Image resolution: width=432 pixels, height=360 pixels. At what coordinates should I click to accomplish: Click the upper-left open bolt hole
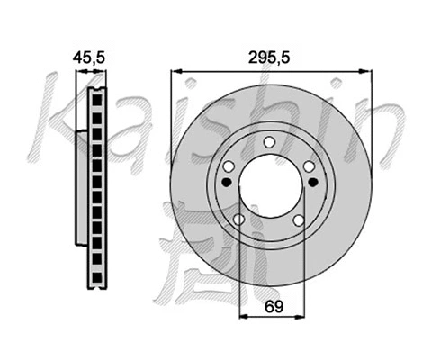(229, 166)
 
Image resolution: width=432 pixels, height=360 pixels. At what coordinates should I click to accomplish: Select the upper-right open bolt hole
(309, 166)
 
